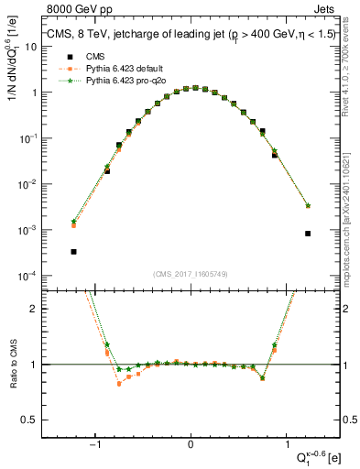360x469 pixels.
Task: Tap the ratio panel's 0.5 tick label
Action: (x=27, y=420)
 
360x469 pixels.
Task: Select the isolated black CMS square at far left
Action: (x=73, y=252)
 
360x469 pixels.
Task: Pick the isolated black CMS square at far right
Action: (x=308, y=234)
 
